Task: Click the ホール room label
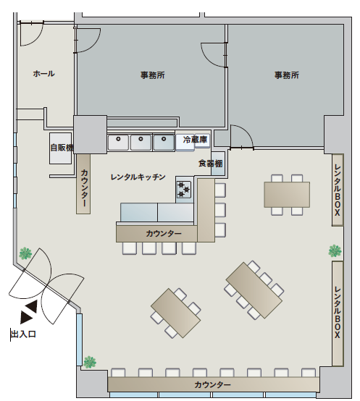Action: [x=43, y=74]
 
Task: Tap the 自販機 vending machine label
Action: [x=62, y=148]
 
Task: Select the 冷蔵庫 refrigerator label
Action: [x=195, y=140]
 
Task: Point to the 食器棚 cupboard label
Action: [x=211, y=164]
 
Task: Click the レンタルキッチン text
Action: [x=138, y=177]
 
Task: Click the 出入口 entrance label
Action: [x=23, y=334]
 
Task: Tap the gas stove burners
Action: [x=184, y=190]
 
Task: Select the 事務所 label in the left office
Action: [x=153, y=75]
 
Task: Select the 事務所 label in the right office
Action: [x=287, y=75]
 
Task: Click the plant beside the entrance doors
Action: [x=25, y=253]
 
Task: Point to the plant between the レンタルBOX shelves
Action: [x=335, y=250]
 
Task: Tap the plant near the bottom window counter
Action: [x=90, y=362]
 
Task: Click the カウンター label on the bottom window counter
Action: [x=213, y=384]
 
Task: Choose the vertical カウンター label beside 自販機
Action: [x=84, y=188]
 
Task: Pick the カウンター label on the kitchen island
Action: [x=164, y=233]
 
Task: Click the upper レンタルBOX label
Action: [x=338, y=190]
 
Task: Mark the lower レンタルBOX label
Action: [x=338, y=313]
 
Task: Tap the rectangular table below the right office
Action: [x=287, y=195]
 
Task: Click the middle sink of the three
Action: [x=141, y=142]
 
